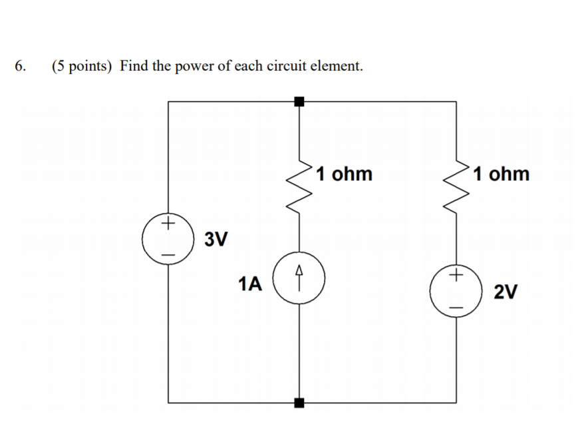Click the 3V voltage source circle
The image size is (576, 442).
168,238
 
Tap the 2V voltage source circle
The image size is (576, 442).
456,291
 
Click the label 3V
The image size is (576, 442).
216,238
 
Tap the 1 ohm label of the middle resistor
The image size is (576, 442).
344,174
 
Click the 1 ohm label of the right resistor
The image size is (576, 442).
502,174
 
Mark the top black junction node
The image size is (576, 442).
299,101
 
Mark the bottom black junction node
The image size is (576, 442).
299,403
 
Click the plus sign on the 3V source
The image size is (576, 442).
169,221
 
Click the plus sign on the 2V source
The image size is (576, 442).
456,274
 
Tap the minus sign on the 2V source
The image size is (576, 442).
456,308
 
